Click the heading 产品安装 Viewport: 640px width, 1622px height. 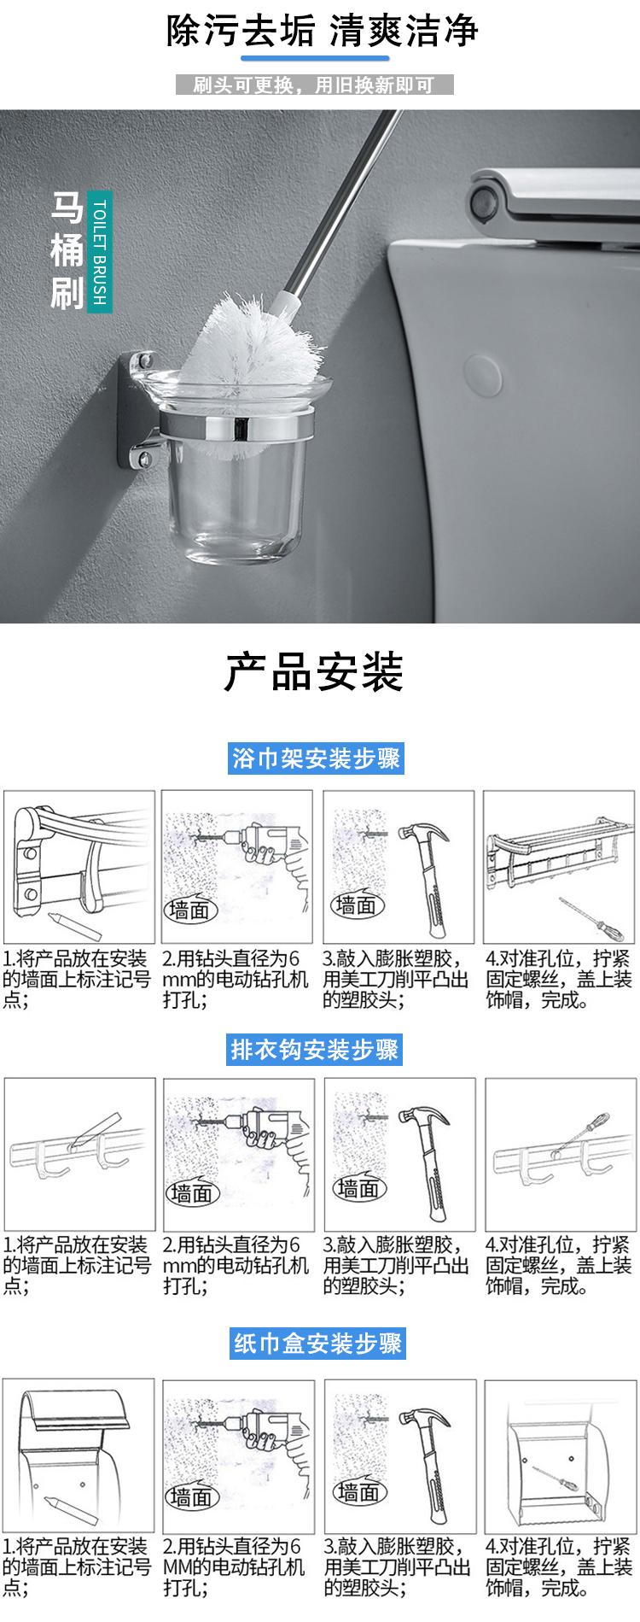pyautogui.click(x=314, y=672)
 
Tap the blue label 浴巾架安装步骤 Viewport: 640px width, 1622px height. pyautogui.click(x=317, y=758)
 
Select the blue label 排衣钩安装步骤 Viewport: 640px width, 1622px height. pyautogui.click(x=316, y=1049)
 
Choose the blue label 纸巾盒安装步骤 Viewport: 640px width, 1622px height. pyautogui.click(x=317, y=1344)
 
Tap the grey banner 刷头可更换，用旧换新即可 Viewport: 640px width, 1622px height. pyautogui.click(x=314, y=85)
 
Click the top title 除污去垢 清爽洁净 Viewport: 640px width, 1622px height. pyautogui.click(x=322, y=32)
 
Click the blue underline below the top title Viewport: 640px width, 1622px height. pyautogui.click(x=317, y=59)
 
